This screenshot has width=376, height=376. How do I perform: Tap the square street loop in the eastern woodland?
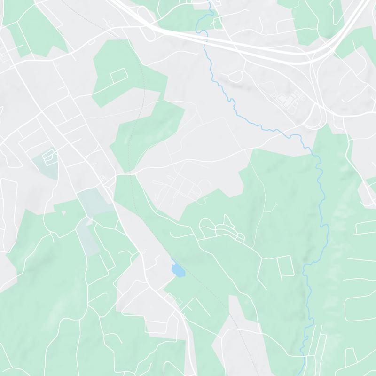[x=285, y=266]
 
